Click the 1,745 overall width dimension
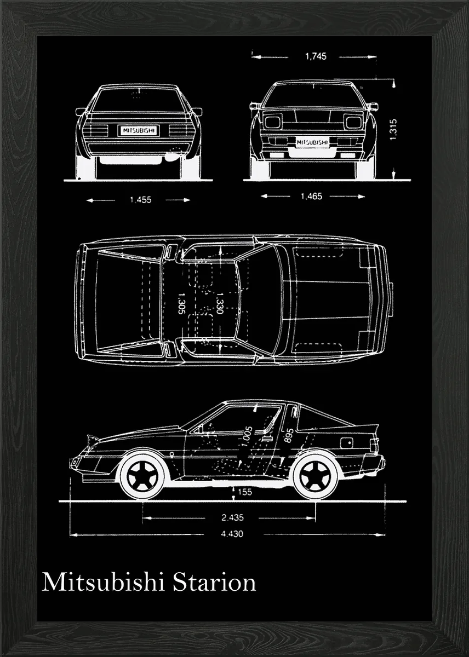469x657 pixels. pyautogui.click(x=315, y=56)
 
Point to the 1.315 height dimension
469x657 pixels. pyautogui.click(x=393, y=130)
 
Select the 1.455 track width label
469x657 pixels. pyautogui.click(x=140, y=200)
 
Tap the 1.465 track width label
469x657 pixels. pyautogui.click(x=311, y=196)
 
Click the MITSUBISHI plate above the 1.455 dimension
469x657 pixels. pyautogui.click(x=138, y=130)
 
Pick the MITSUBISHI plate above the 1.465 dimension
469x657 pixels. pyautogui.click(x=312, y=142)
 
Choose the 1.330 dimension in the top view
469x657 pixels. pyautogui.click(x=219, y=303)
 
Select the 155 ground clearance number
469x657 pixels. pyautogui.click(x=244, y=492)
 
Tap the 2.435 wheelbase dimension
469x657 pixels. pyautogui.click(x=233, y=517)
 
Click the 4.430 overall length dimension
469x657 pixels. pyautogui.click(x=233, y=534)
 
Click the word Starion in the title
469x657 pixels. pyautogui.click(x=214, y=581)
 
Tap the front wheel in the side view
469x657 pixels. pyautogui.click(x=142, y=474)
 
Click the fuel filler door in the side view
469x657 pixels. pyautogui.click(x=346, y=441)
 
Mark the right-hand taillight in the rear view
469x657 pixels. pyautogui.click(x=179, y=130)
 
